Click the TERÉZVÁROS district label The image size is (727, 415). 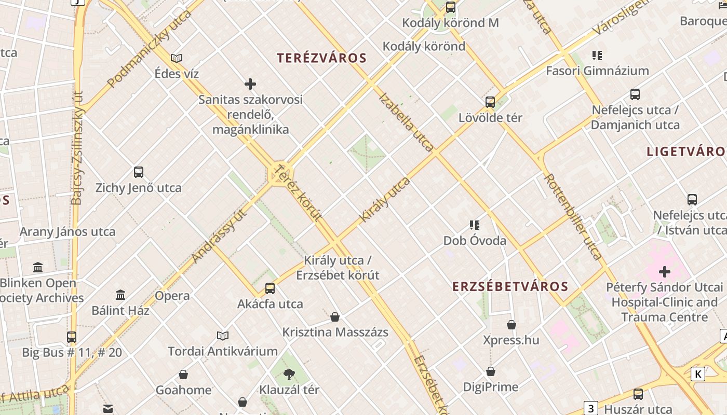pos(322,58)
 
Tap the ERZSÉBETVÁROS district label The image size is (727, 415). pos(510,287)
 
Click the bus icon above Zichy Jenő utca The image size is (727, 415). pos(139,172)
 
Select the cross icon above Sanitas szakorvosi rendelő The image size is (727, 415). pos(250,84)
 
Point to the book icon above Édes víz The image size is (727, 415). pos(177,58)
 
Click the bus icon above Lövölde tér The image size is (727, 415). pos(490,102)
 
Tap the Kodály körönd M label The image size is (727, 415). pos(450,23)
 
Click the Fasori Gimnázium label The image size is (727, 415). pos(597,71)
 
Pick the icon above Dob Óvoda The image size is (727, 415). pos(474,225)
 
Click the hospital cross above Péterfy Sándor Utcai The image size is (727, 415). pos(664,272)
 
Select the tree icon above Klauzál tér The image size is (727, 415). pos(289,374)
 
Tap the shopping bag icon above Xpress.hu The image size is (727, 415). pos(511,325)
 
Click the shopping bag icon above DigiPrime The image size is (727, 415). pos(491,372)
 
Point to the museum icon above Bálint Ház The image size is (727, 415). pos(120,295)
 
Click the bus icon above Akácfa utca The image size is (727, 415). pos(270,288)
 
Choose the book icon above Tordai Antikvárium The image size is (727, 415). pos(223,336)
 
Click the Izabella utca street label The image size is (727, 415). pos(406,122)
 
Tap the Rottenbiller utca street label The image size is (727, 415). pos(573,216)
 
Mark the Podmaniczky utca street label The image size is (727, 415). pos(149,48)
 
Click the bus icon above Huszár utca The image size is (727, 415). pos(638,394)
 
